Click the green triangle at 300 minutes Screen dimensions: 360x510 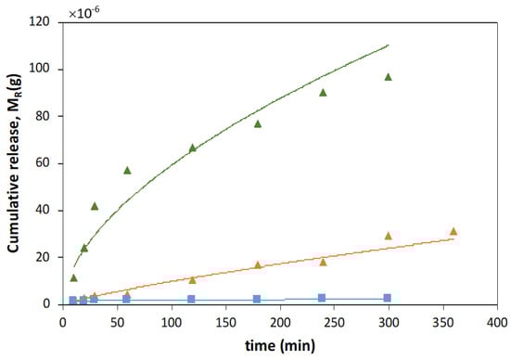(389, 77)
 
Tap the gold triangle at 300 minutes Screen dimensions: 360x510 (389, 236)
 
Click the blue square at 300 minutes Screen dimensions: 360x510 (389, 298)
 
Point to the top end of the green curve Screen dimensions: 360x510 (389, 45)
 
